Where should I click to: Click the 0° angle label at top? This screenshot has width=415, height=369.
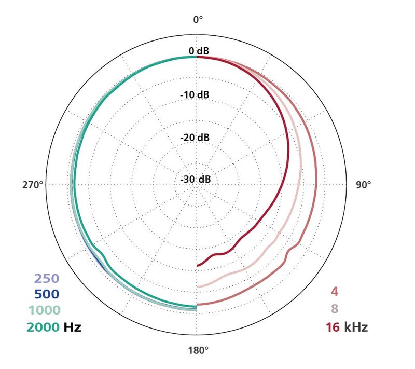pos(198,20)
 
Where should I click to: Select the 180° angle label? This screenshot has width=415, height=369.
pos(198,349)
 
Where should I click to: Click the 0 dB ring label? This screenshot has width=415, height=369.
pos(198,51)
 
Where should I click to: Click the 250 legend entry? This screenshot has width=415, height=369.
pos(47,278)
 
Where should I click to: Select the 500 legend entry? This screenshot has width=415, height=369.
pos(47,294)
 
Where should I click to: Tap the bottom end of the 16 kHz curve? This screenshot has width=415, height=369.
pos(198,265)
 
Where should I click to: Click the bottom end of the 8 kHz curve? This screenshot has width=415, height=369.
pos(198,286)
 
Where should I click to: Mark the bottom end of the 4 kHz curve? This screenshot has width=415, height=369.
pos(198,305)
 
